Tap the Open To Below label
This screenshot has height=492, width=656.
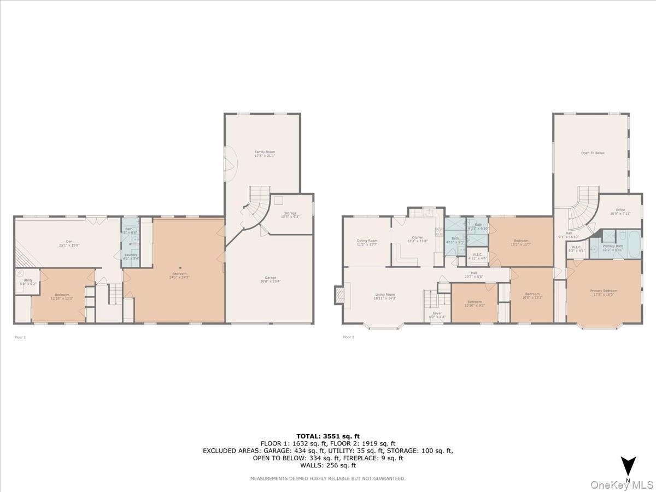pyautogui.click(x=593, y=153)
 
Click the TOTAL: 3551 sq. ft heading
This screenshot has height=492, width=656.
pyautogui.click(x=328, y=436)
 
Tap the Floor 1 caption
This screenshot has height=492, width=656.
pyautogui.click(x=20, y=337)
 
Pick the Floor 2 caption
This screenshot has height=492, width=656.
pyautogui.click(x=349, y=337)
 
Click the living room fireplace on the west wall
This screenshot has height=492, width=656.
pyautogui.click(x=339, y=295)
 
